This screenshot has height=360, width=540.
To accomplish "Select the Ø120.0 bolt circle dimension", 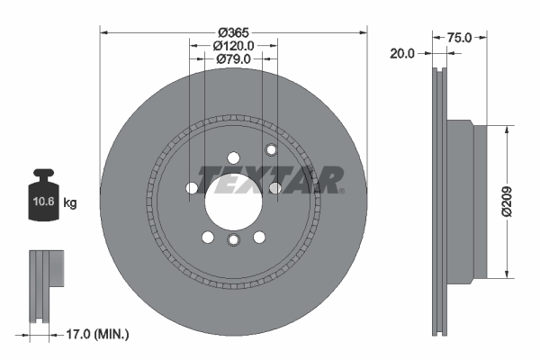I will (233, 44).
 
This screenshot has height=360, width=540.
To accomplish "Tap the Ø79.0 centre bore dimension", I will (233, 59).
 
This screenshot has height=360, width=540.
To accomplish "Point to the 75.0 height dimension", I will (460, 38).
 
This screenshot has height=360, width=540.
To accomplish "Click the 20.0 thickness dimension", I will (402, 53).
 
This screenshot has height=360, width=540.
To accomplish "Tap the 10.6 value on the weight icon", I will (42, 203).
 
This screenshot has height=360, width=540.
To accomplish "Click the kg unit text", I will (70, 203).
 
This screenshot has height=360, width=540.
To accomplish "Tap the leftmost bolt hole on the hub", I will (191, 188).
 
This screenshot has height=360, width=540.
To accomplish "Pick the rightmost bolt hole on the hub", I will (275, 188).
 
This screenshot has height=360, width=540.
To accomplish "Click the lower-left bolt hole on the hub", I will (207, 238).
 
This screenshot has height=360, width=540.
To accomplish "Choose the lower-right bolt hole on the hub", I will (259, 238).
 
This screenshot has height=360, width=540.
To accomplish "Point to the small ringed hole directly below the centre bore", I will (233, 240).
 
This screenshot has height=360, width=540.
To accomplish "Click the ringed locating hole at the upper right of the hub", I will (269, 149).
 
